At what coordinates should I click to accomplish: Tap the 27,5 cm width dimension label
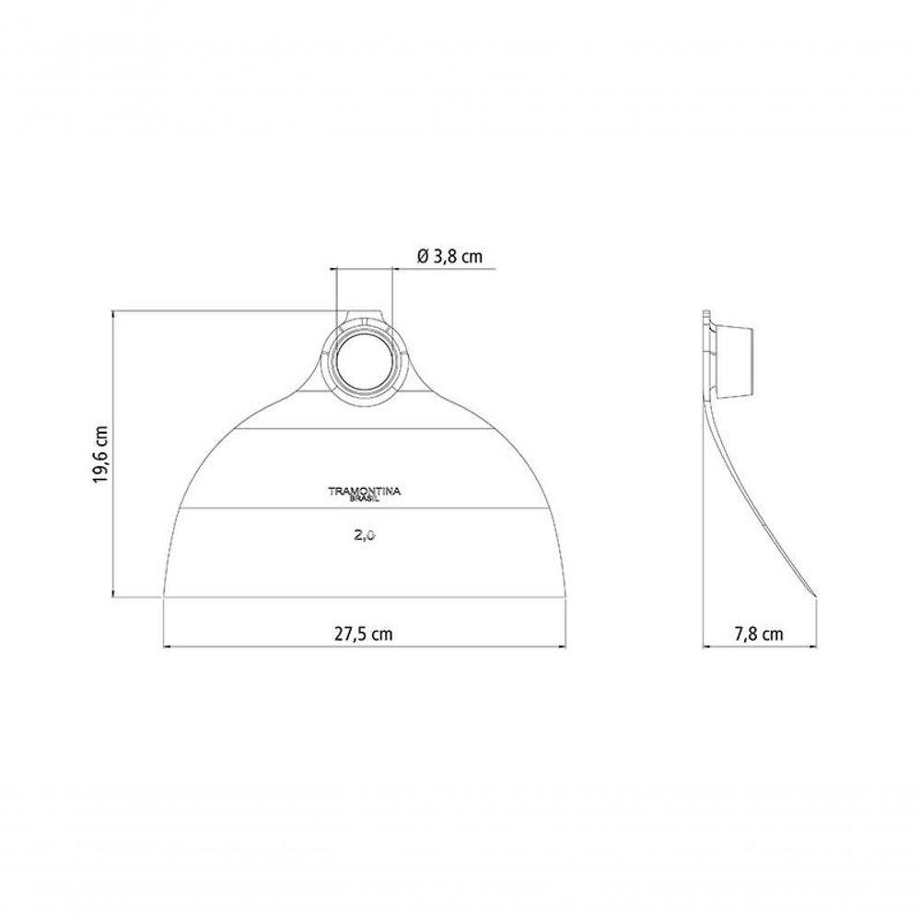point(364,634)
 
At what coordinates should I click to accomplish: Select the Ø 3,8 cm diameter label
point(449,256)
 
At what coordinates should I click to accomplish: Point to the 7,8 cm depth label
point(759,634)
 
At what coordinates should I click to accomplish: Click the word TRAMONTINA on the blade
point(364,491)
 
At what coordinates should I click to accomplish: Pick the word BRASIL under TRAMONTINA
point(364,499)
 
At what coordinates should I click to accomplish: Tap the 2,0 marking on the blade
point(365,535)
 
